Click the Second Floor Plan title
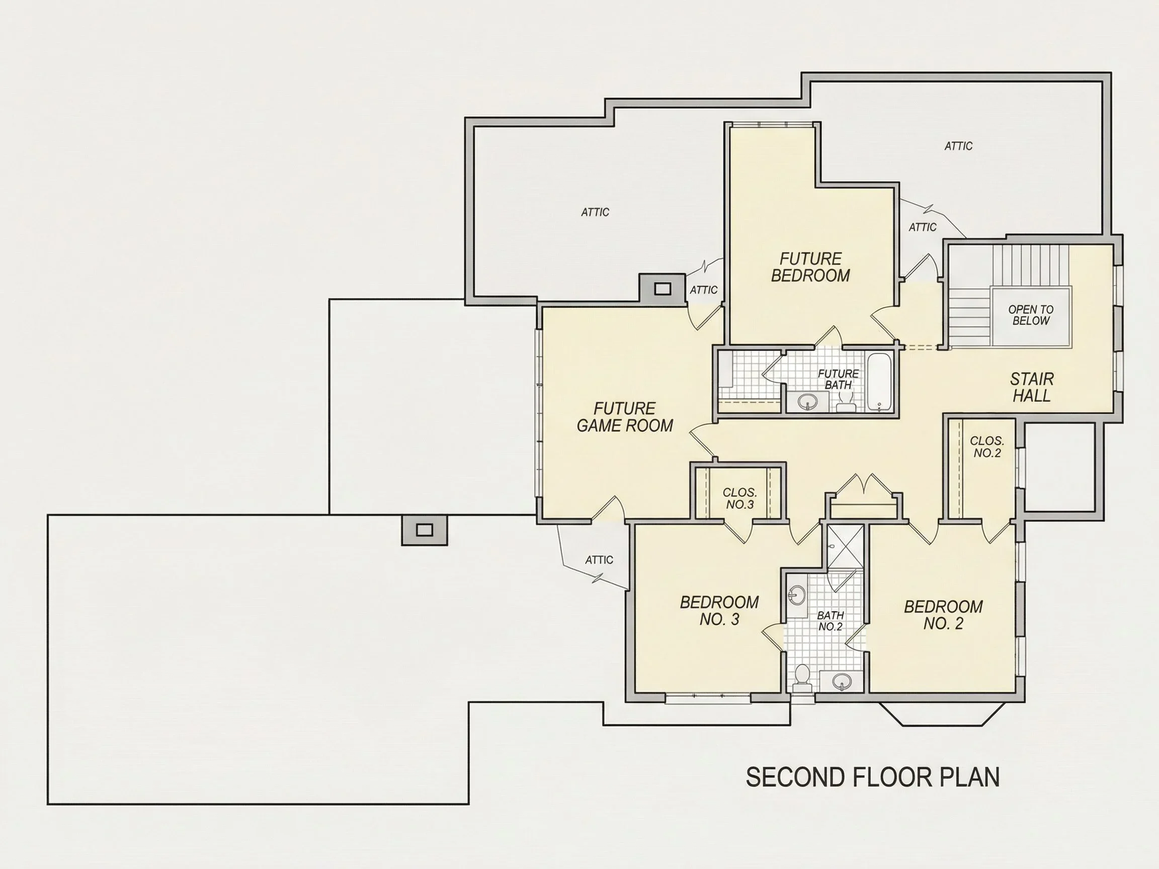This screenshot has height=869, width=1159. coord(872,777)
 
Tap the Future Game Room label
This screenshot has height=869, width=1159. coord(625,417)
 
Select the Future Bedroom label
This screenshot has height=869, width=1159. coord(810,267)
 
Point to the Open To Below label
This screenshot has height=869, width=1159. coord(1031,315)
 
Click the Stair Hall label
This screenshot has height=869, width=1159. coord(1032,387)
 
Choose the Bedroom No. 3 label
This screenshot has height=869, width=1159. coord(719,611)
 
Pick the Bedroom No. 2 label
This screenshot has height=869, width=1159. coord(943,615)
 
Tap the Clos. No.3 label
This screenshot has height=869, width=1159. coord(740,499)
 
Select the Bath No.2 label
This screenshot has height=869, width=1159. coord(831,621)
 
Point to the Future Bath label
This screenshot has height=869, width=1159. coord(839,379)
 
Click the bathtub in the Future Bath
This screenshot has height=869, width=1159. coord(879,382)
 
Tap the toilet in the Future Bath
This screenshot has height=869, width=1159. coord(845,402)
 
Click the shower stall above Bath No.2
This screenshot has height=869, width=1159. coord(845,545)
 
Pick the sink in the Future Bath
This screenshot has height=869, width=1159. coord(807,402)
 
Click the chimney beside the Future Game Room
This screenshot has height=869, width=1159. coord(663,289)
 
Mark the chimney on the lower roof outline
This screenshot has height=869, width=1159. coord(425,530)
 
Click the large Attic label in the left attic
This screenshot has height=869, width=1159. coord(595,212)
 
